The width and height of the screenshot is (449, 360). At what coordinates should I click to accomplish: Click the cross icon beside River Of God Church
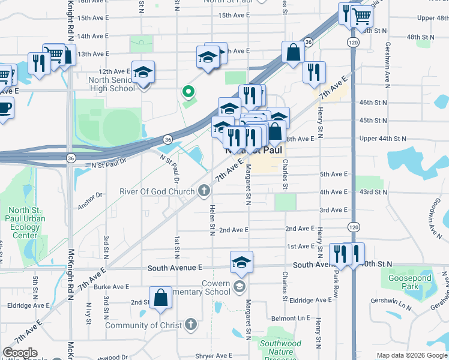(204, 191)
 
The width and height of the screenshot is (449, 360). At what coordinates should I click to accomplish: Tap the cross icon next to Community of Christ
(191, 325)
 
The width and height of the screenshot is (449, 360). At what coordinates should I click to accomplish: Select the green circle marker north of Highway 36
(188, 92)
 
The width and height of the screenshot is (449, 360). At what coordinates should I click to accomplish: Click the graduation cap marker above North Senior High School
(143, 73)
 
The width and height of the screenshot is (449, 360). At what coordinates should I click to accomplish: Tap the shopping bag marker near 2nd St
(161, 298)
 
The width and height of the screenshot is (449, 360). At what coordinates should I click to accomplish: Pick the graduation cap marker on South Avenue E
(241, 262)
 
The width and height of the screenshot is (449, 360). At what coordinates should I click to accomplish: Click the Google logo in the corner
(19, 353)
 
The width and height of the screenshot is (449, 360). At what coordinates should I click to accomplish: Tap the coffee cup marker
(5, 108)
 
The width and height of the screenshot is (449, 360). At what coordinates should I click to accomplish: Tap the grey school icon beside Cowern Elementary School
(240, 284)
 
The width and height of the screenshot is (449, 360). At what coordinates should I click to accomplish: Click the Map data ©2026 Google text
(411, 355)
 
